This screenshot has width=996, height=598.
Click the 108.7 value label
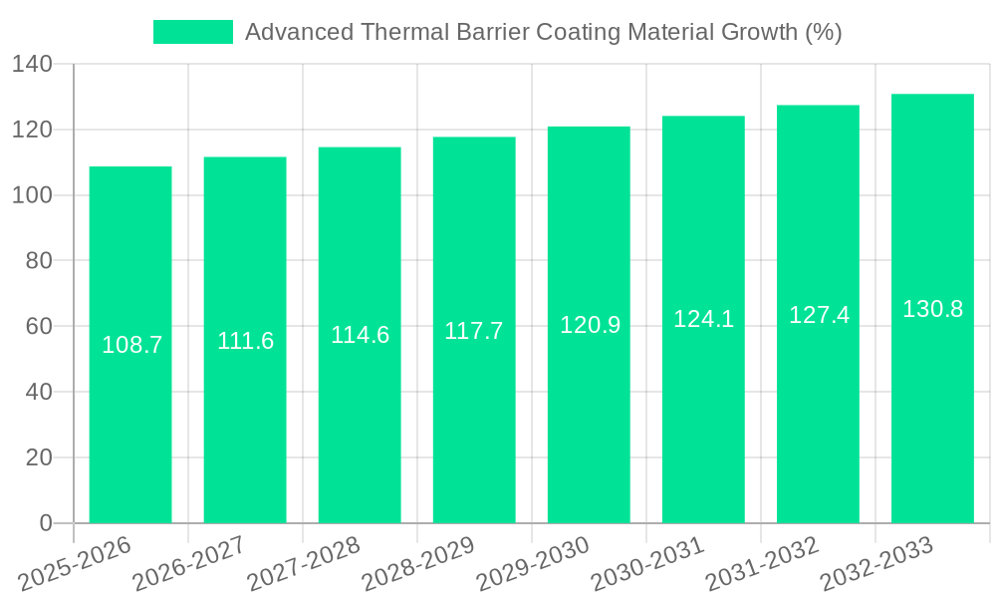point(132,345)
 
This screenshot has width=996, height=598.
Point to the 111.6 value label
point(245,341)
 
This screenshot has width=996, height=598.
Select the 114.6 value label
point(360,335)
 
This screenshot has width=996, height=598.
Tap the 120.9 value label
point(590,325)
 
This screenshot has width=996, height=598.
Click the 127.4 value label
point(819,315)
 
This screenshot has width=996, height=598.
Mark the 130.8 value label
point(932,309)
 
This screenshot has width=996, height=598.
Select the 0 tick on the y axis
point(45,522)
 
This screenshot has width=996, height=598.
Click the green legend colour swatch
point(192,32)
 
